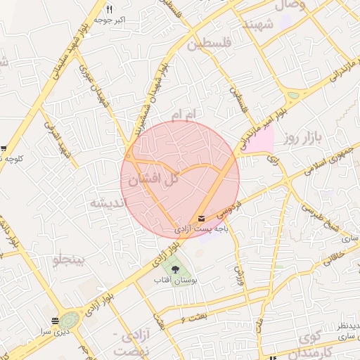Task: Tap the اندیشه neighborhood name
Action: [x=106, y=202]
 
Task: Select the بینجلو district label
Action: [x=68, y=262]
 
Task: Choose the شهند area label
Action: [x=257, y=25]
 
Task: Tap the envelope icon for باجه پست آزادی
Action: [x=202, y=219]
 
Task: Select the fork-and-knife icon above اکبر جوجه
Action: [x=109, y=9]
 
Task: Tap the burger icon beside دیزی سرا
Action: [x=56, y=321]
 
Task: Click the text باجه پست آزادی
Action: [x=202, y=229]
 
